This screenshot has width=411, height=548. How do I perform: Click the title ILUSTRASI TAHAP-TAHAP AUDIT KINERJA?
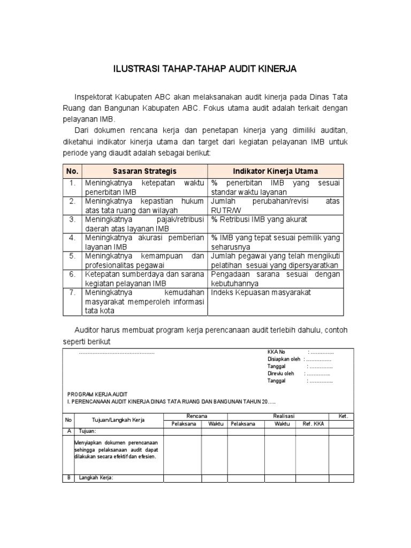[205, 69]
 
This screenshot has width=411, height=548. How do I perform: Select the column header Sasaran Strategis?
[144, 171]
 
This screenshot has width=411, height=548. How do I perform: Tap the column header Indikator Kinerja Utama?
[275, 171]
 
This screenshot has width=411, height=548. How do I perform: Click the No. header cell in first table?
[72, 171]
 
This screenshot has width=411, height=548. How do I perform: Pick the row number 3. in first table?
[72, 220]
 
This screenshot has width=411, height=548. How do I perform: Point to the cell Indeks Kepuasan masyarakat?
[261, 293]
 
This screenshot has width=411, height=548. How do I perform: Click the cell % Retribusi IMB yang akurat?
[259, 220]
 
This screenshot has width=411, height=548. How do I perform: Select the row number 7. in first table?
[72, 293]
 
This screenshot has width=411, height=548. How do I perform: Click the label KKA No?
[277, 352]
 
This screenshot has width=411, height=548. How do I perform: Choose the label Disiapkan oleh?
[284, 359]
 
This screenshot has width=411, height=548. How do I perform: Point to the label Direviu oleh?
[281, 374]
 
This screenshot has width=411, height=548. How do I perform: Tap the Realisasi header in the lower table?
[284, 416]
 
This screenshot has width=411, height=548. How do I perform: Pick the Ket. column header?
[343, 416]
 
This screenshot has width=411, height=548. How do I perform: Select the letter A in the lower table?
[68, 431]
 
